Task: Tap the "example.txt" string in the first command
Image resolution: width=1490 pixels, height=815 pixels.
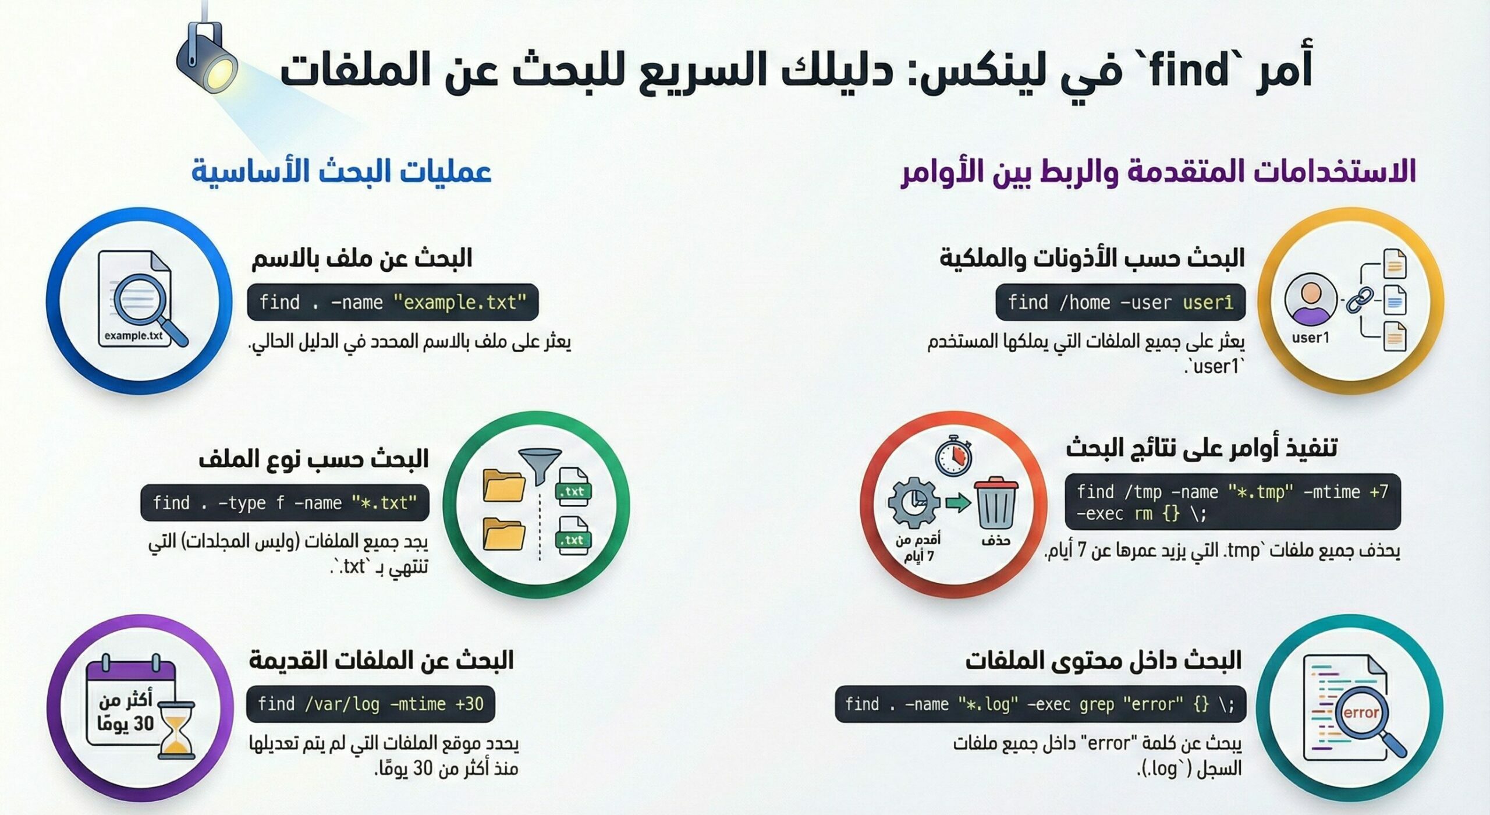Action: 459,303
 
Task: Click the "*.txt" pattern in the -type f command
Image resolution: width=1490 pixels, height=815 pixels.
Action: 384,503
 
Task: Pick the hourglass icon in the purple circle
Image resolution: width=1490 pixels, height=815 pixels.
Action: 175,737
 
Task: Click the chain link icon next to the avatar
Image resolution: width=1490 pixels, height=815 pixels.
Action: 1360,300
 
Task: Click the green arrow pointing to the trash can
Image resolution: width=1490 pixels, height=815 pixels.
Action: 958,502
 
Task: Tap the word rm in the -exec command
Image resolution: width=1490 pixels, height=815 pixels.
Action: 1143,514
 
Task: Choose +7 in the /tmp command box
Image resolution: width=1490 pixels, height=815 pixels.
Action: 1379,492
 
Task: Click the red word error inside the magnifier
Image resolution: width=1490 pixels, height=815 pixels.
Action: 1361,713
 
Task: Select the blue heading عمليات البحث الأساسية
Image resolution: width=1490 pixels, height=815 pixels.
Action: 342,172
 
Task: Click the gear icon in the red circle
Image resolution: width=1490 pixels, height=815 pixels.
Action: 914,502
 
